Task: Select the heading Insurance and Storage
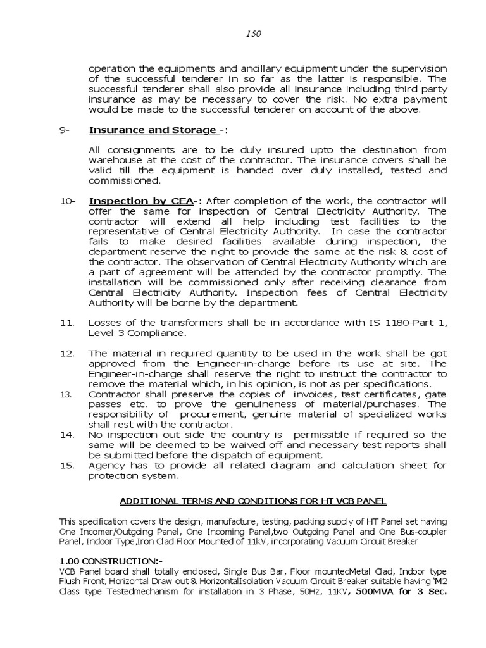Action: [x=152, y=130]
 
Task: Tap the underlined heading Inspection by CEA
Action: [x=140, y=201]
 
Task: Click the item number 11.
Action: [x=68, y=322]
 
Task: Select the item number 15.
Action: [x=68, y=465]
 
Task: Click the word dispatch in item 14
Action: [x=222, y=454]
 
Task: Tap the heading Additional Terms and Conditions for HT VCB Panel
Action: [x=253, y=501]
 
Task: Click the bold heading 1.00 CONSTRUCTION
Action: [x=111, y=561]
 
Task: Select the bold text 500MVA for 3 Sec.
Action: [x=401, y=592]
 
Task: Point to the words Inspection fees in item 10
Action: [x=309, y=293]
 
